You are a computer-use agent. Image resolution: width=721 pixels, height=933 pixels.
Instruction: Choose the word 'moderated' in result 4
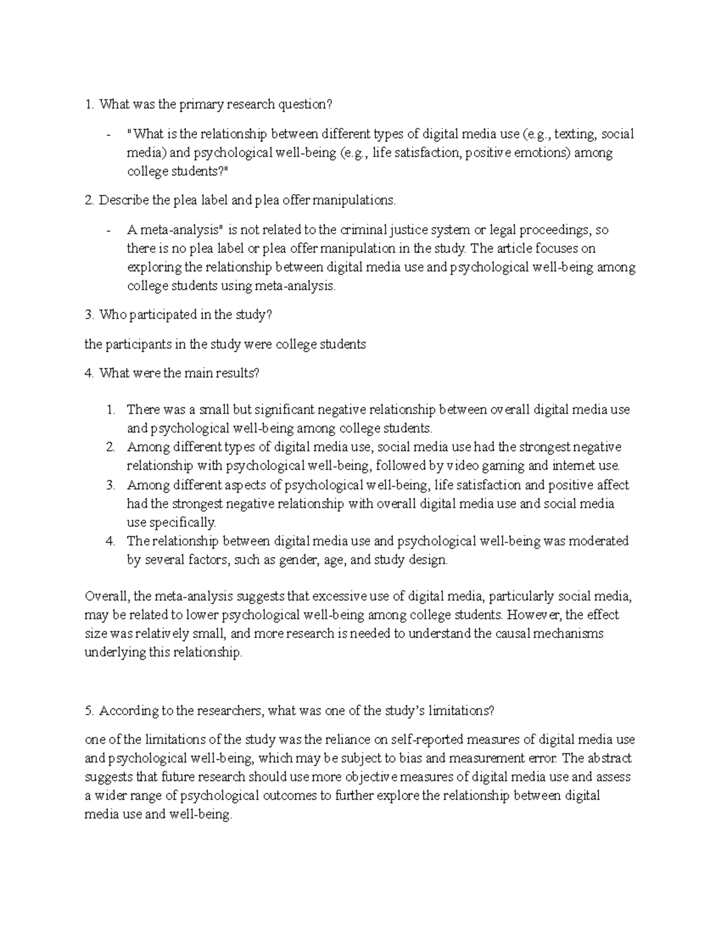pos(598,541)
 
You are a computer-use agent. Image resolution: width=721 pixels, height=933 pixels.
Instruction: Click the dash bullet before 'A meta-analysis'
pos(108,230)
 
